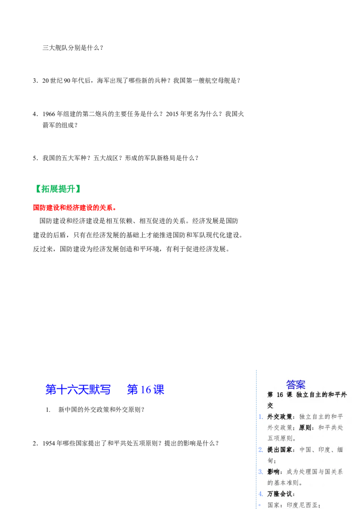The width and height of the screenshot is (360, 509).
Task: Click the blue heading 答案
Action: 296,384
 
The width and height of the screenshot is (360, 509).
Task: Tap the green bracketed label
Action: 59,189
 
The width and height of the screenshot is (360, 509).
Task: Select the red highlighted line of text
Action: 75,207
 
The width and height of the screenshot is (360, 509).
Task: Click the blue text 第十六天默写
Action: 78,389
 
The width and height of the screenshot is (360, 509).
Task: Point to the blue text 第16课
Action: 146,389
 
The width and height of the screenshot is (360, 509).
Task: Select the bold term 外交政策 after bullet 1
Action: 280,417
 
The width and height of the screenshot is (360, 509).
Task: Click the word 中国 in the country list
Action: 306,450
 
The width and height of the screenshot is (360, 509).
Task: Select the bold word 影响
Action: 274,472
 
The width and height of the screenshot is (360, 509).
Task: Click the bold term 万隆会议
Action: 280,494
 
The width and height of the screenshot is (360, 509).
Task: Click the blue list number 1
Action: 261,417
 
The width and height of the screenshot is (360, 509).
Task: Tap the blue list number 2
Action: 261,450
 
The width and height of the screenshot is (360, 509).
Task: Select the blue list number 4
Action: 261,494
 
